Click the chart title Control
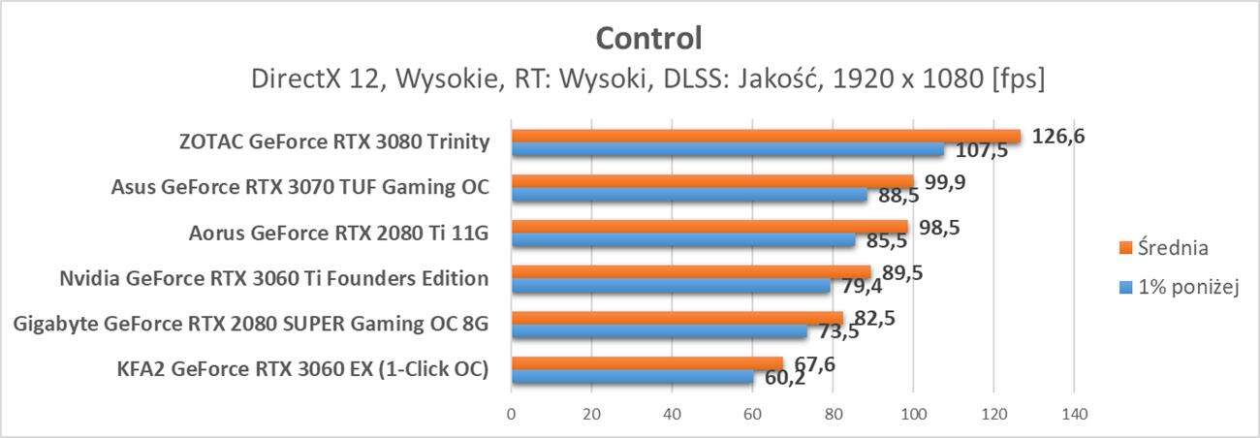coord(647,38)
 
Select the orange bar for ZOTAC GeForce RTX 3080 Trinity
coord(766,137)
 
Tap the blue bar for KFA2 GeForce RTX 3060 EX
coord(632,377)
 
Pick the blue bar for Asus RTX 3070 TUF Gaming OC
coord(689,195)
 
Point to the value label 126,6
coord(1058,137)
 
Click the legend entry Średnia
coord(1171,248)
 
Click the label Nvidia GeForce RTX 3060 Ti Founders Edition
coord(273,279)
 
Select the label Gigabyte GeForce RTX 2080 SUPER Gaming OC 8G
coord(251,324)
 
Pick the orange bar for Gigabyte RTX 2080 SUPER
coord(677,318)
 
